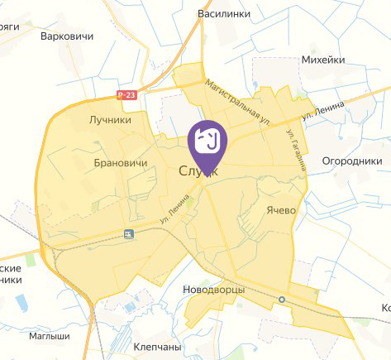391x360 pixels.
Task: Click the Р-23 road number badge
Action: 126,95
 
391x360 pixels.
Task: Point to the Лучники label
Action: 110,120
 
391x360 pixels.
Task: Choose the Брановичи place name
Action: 121,163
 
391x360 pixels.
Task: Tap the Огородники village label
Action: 350,161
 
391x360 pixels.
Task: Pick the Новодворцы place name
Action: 213,290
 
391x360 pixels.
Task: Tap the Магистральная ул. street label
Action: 239,103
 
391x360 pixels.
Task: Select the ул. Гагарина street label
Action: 295,150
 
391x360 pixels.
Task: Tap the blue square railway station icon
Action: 128,235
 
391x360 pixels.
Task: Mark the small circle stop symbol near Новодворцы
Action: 282,299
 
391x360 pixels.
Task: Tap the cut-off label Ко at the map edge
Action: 384,308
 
